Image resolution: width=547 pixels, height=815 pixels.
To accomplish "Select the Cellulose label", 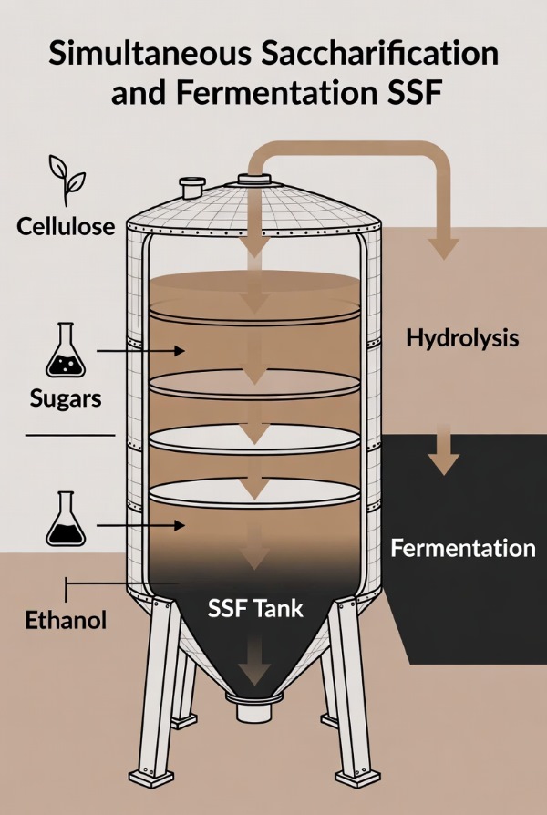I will [x=66, y=225].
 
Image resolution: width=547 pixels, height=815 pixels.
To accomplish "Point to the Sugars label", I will [x=61, y=397].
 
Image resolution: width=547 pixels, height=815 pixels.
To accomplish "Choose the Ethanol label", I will [x=66, y=622].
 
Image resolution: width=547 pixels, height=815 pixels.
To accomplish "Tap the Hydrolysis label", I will [x=462, y=339].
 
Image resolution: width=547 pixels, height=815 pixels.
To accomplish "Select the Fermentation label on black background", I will [x=462, y=548].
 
